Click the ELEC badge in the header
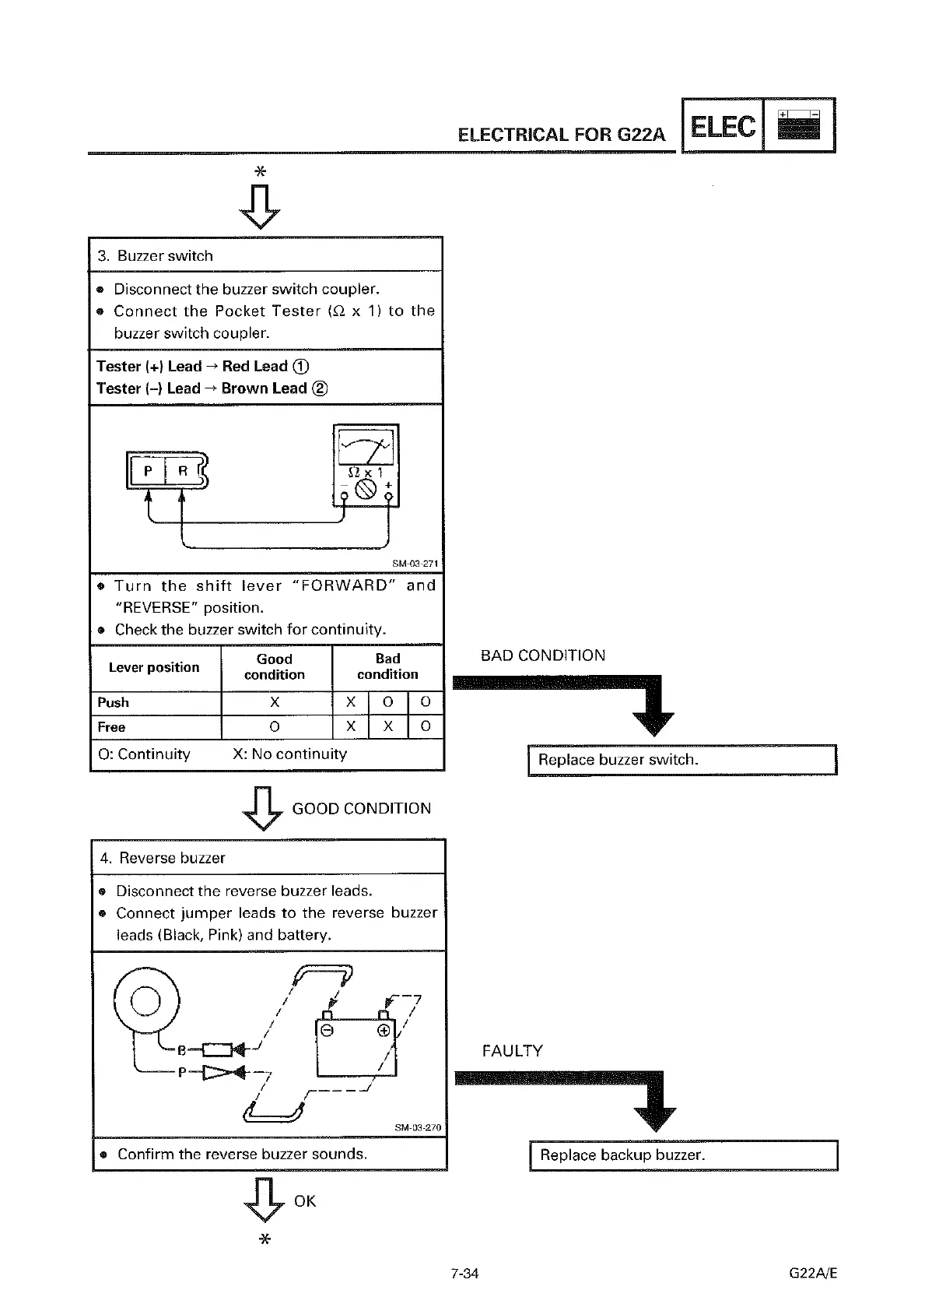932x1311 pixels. [722, 126]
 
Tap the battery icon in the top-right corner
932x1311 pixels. [799, 125]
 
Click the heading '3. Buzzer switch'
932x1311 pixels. [156, 256]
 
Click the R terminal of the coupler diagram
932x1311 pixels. [183, 471]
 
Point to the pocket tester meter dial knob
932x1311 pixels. [365, 489]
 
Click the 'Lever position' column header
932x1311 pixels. [154, 667]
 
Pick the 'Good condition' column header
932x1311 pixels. [275, 667]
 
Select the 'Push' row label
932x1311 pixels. [114, 702]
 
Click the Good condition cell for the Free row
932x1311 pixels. [275, 726]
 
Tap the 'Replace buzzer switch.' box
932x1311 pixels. [681, 760]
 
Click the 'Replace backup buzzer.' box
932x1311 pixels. [683, 1155]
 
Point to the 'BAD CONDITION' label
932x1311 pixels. [543, 655]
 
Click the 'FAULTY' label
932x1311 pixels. [513, 1051]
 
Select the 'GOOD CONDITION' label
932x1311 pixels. [361, 809]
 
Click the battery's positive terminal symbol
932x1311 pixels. [383, 1032]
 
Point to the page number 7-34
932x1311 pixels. [464, 1274]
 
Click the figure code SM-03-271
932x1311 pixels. [415, 564]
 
